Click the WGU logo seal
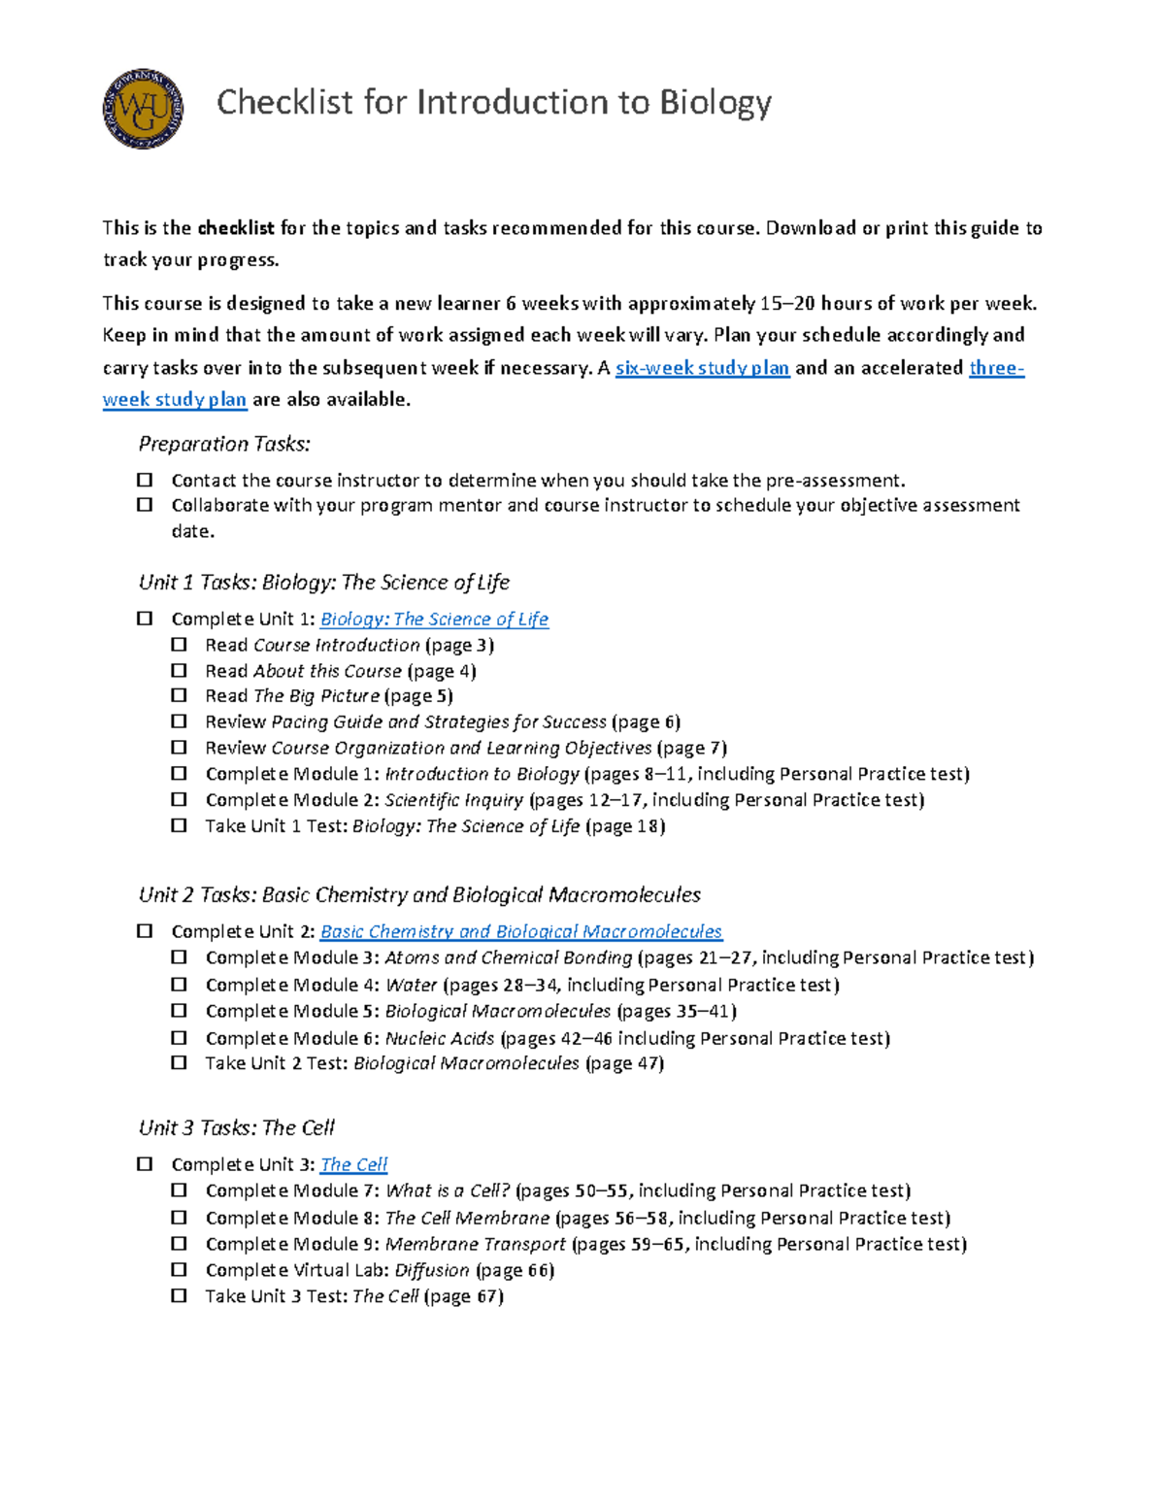pos(143,109)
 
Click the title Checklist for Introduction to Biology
pos(493,102)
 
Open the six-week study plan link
pos(702,368)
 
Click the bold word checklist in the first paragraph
pos(236,228)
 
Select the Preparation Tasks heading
pos(224,444)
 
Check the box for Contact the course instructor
pos(145,480)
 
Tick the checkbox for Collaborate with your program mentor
pos(145,505)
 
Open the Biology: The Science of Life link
pos(434,620)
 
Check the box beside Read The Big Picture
pos(179,695)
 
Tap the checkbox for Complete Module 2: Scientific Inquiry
pos(179,799)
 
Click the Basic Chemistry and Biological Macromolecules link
pos(520,932)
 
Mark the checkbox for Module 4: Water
pos(179,984)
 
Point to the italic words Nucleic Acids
pos(440,1038)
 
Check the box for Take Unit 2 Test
pos(179,1062)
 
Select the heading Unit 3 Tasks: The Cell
pos(236,1128)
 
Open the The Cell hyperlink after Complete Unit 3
pos(353,1164)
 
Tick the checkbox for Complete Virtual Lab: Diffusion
pos(179,1269)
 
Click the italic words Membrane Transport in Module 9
pos(475,1244)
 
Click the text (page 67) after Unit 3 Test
pos(464,1296)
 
